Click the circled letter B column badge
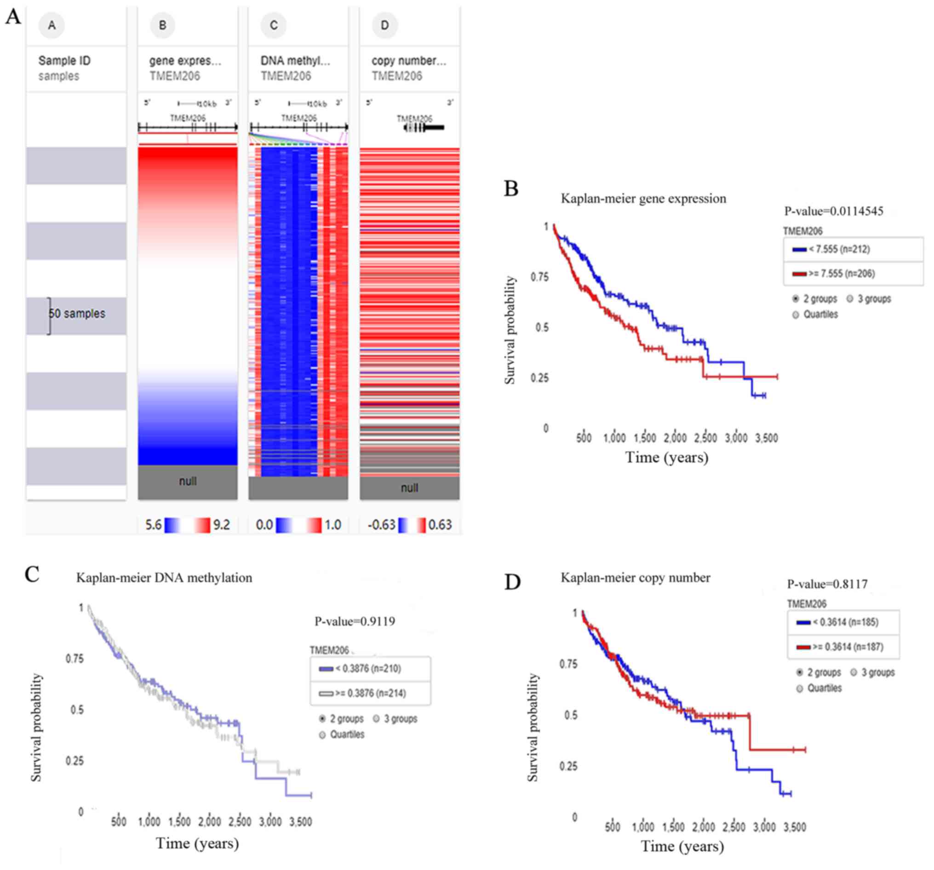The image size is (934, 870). (x=162, y=25)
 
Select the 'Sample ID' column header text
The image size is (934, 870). (x=64, y=61)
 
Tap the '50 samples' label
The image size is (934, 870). (x=78, y=313)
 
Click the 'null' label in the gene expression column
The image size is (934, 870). (x=188, y=481)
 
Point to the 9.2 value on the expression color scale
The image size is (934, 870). (x=222, y=525)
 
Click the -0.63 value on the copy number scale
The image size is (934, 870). (x=381, y=525)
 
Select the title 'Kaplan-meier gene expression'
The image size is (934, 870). (x=643, y=199)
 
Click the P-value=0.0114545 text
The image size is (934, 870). (x=833, y=212)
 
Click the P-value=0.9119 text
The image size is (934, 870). (x=355, y=622)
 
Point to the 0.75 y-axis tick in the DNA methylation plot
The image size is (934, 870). (x=74, y=658)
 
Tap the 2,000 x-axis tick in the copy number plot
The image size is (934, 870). (x=703, y=827)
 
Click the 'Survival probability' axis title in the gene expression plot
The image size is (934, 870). (x=510, y=330)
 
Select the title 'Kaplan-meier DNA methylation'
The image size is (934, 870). (x=164, y=578)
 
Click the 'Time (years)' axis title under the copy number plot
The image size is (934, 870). (x=682, y=847)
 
